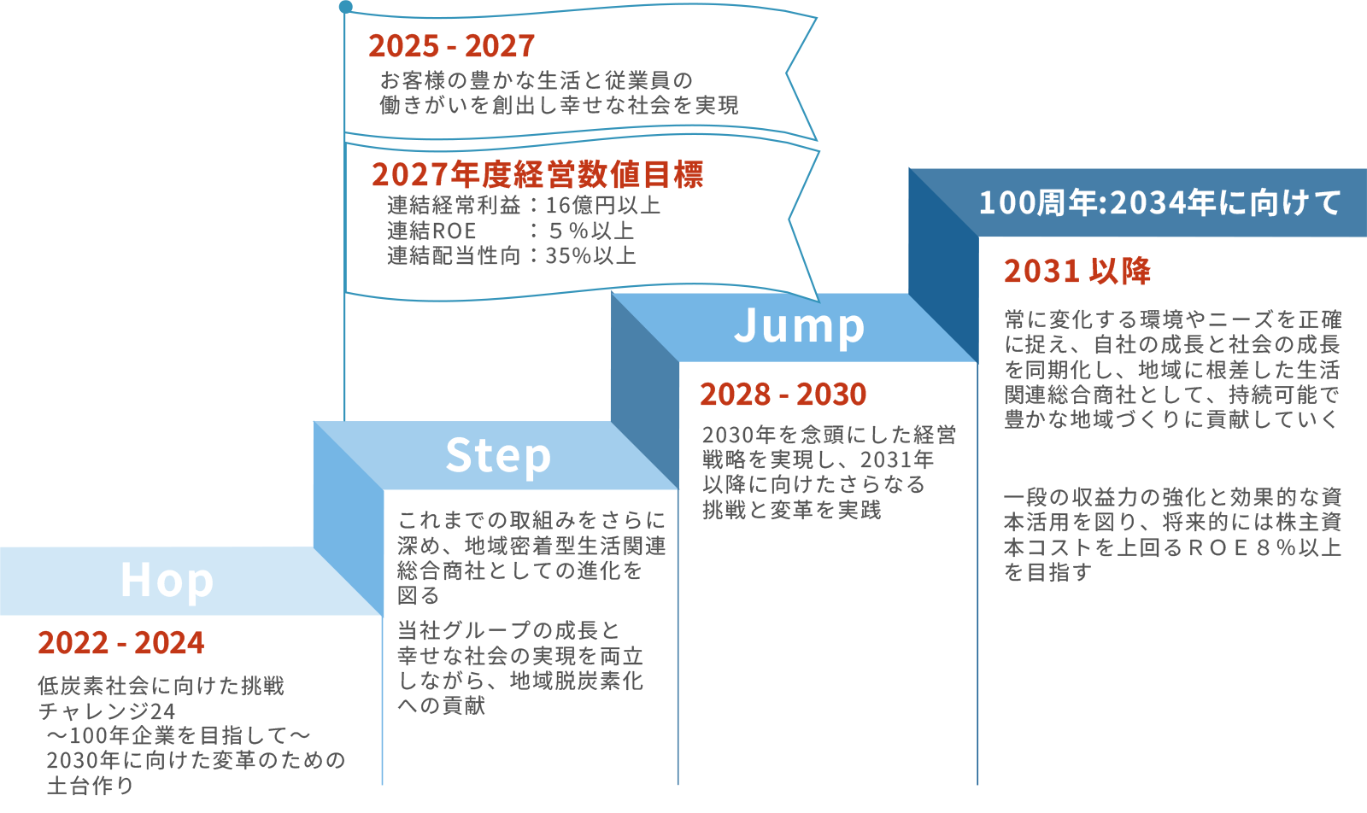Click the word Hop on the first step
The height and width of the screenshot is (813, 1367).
tap(167, 581)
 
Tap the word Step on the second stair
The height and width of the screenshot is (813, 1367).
tap(498, 455)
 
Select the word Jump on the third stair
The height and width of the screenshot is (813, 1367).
tap(799, 326)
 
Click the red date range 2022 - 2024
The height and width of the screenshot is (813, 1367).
tap(121, 643)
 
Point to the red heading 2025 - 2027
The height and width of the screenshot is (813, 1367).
tap(451, 46)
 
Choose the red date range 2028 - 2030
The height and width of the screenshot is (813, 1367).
tap(783, 395)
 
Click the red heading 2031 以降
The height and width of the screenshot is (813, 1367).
tap(1077, 272)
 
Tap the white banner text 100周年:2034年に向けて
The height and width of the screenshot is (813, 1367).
tap(1159, 203)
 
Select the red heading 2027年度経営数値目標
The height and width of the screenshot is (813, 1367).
tap(537, 174)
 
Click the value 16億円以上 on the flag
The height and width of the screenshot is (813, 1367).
tap(603, 206)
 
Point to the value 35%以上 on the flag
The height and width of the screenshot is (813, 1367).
tap(591, 256)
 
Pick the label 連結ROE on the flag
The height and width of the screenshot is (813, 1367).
tap(431, 231)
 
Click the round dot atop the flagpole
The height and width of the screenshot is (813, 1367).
tap(345, 7)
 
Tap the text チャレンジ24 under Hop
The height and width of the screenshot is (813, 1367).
tap(107, 711)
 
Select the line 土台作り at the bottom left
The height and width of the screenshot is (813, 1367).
tap(91, 786)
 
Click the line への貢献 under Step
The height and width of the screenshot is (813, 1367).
tap(442, 705)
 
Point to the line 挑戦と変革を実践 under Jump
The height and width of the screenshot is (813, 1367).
tap(791, 510)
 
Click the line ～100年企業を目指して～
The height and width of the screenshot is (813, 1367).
tap(178, 735)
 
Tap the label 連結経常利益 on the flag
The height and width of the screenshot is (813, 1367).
tap(454, 206)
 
